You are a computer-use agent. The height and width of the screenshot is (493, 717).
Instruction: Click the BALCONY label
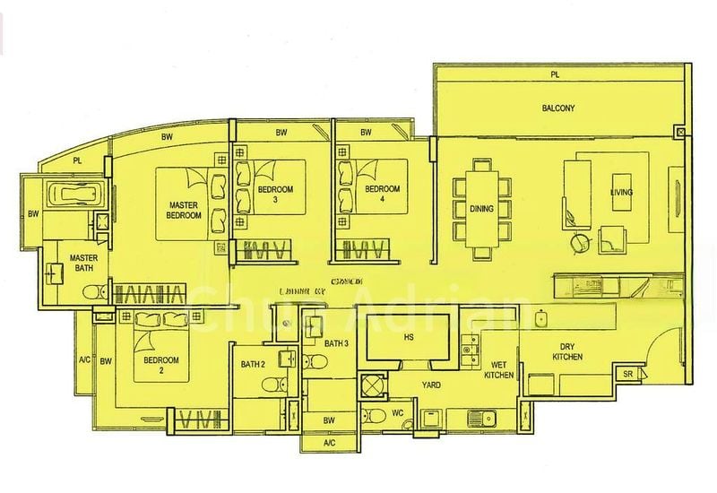tap(557, 108)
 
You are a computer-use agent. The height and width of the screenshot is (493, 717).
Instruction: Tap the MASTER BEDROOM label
tap(184, 211)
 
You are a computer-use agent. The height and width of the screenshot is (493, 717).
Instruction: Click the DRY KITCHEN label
tap(566, 351)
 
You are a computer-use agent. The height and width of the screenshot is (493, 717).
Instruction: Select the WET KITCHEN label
tap(500, 370)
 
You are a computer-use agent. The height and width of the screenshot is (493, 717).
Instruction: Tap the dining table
tap(476, 208)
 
